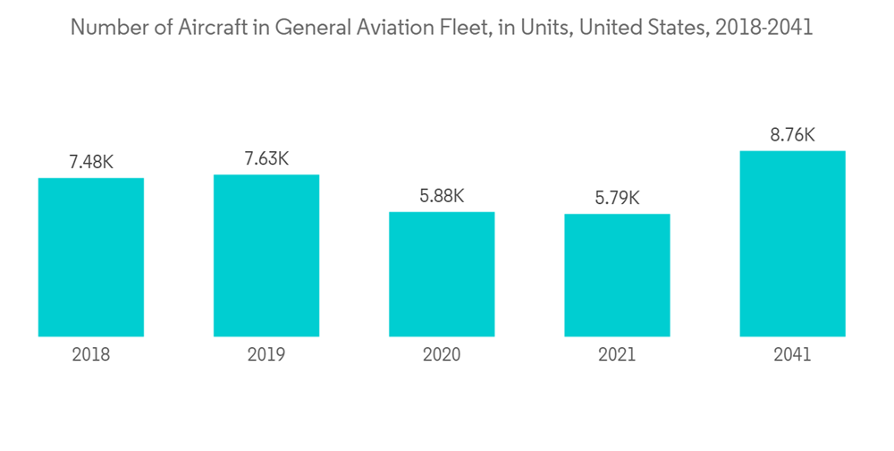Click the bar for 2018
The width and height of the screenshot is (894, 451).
[91, 258]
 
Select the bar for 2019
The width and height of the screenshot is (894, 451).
[266, 256]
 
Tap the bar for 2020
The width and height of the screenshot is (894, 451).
[442, 275]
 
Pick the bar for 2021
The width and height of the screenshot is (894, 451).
[617, 276]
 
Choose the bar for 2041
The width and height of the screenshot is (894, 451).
[792, 244]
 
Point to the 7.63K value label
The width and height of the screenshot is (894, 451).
[266, 158]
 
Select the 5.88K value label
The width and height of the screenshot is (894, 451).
[442, 196]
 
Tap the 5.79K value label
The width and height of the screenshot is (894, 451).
[617, 198]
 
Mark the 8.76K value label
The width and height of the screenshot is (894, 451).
[792, 135]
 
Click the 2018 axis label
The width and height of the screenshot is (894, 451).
[91, 355]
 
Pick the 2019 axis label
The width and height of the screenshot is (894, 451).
[266, 355]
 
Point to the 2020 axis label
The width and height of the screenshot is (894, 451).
[442, 355]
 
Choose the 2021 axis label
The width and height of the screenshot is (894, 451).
[617, 355]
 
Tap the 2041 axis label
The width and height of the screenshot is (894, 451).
[792, 355]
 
